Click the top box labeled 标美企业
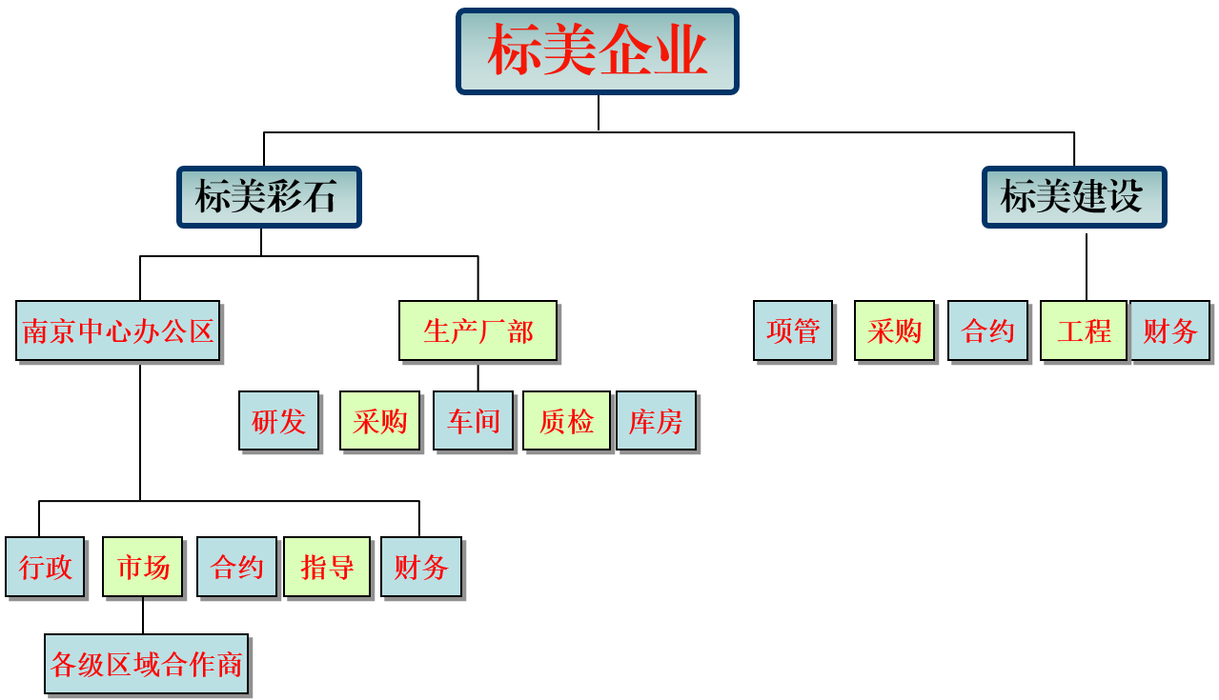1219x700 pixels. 598,51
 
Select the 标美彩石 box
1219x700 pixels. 269,197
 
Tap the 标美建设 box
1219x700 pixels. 1074,197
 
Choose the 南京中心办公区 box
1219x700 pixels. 118,330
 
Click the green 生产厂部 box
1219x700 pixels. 477,330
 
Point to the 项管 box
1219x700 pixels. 793,330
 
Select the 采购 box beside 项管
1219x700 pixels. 894,330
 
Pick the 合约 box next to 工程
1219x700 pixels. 987,330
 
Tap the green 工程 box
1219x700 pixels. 1084,330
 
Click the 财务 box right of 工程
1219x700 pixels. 1169,330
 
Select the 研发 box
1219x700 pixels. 278,420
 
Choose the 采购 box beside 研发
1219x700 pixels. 379,420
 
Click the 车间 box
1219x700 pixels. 473,420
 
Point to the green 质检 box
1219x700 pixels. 566,420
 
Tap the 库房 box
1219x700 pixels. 656,420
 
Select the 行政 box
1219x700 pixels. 45,567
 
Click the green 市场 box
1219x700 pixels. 142,567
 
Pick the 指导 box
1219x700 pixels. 327,567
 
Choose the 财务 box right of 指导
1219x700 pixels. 420,567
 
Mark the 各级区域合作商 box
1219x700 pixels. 146,664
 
